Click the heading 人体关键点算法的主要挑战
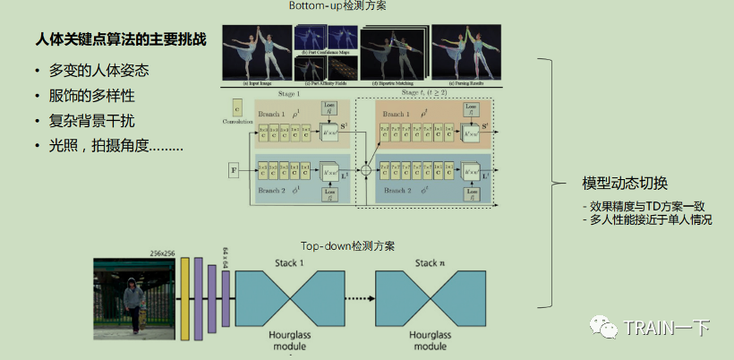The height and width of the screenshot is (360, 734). (120, 40)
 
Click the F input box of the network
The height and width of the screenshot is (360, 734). (235, 167)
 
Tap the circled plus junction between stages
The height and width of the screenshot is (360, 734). (364, 167)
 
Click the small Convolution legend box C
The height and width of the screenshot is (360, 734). (237, 107)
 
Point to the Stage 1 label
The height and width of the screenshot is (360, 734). (286, 92)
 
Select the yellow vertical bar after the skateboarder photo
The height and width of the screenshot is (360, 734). (185, 299)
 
